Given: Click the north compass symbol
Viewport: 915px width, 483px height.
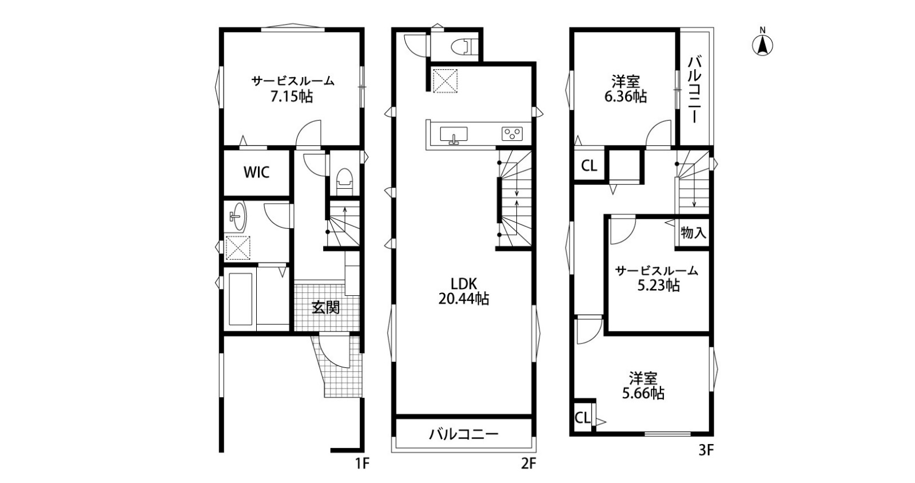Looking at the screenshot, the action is (763, 43).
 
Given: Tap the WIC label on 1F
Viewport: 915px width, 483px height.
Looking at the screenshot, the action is (257, 172).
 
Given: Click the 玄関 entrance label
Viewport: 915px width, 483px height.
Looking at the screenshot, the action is (325, 307).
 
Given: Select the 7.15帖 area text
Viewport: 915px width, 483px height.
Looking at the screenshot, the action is (292, 97).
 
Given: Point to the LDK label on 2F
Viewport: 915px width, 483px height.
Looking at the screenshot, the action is (464, 283).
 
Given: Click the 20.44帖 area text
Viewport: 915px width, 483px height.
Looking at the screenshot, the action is (464, 299).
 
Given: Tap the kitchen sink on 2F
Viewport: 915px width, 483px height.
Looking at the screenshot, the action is (454, 135).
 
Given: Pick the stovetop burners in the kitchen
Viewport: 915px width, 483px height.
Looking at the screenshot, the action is (512, 134).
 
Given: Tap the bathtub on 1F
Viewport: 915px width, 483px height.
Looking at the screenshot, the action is (241, 299).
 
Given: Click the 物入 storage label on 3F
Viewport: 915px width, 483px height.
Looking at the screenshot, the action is (694, 233).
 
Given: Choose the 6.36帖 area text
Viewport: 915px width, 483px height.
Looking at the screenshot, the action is (626, 97).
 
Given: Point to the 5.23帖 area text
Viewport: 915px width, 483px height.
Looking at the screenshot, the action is (659, 286).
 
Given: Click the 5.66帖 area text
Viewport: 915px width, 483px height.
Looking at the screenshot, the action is (643, 394).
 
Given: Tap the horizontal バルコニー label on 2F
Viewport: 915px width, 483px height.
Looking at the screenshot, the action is (464, 434).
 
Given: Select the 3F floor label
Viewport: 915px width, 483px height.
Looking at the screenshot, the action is (706, 450).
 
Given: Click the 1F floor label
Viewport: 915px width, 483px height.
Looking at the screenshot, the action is (362, 464).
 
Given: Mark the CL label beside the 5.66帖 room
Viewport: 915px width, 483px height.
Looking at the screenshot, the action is (583, 418).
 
